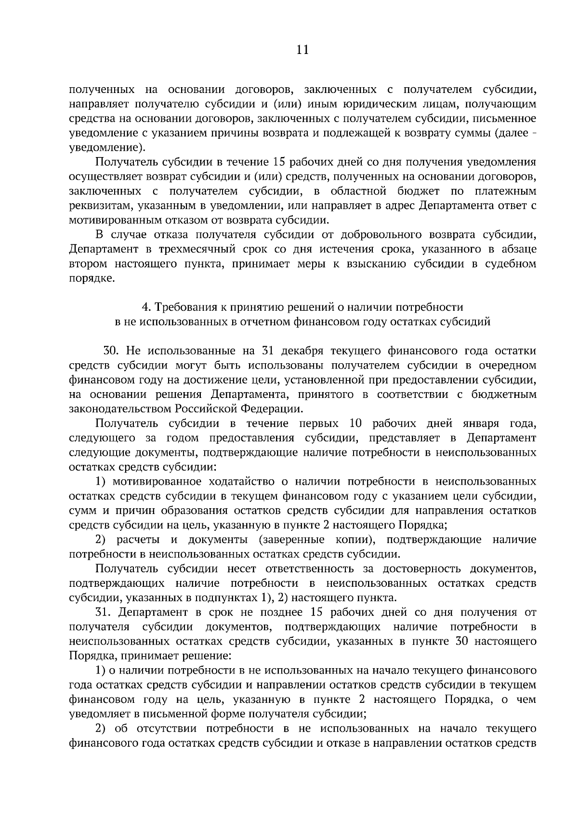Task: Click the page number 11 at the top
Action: coord(302,50)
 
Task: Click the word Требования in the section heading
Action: coord(189,307)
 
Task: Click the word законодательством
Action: coord(120,409)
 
